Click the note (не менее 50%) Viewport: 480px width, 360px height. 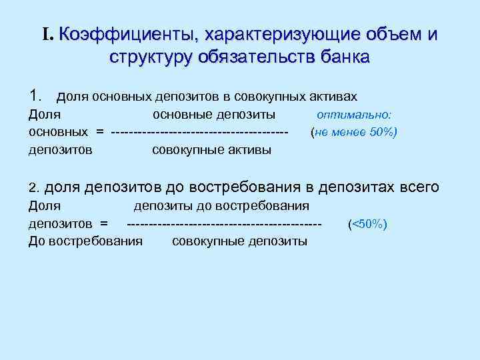click(354, 132)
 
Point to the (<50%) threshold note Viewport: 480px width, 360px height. click(367, 224)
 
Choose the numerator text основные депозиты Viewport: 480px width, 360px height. click(214, 115)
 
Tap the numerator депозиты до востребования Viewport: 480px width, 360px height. click(222, 206)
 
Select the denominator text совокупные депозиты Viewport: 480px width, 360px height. click(239, 241)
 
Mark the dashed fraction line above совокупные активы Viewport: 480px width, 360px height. click(200, 132)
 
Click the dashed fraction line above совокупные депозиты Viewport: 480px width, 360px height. click(224, 224)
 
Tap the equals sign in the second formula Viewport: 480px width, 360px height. click(103, 224)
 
